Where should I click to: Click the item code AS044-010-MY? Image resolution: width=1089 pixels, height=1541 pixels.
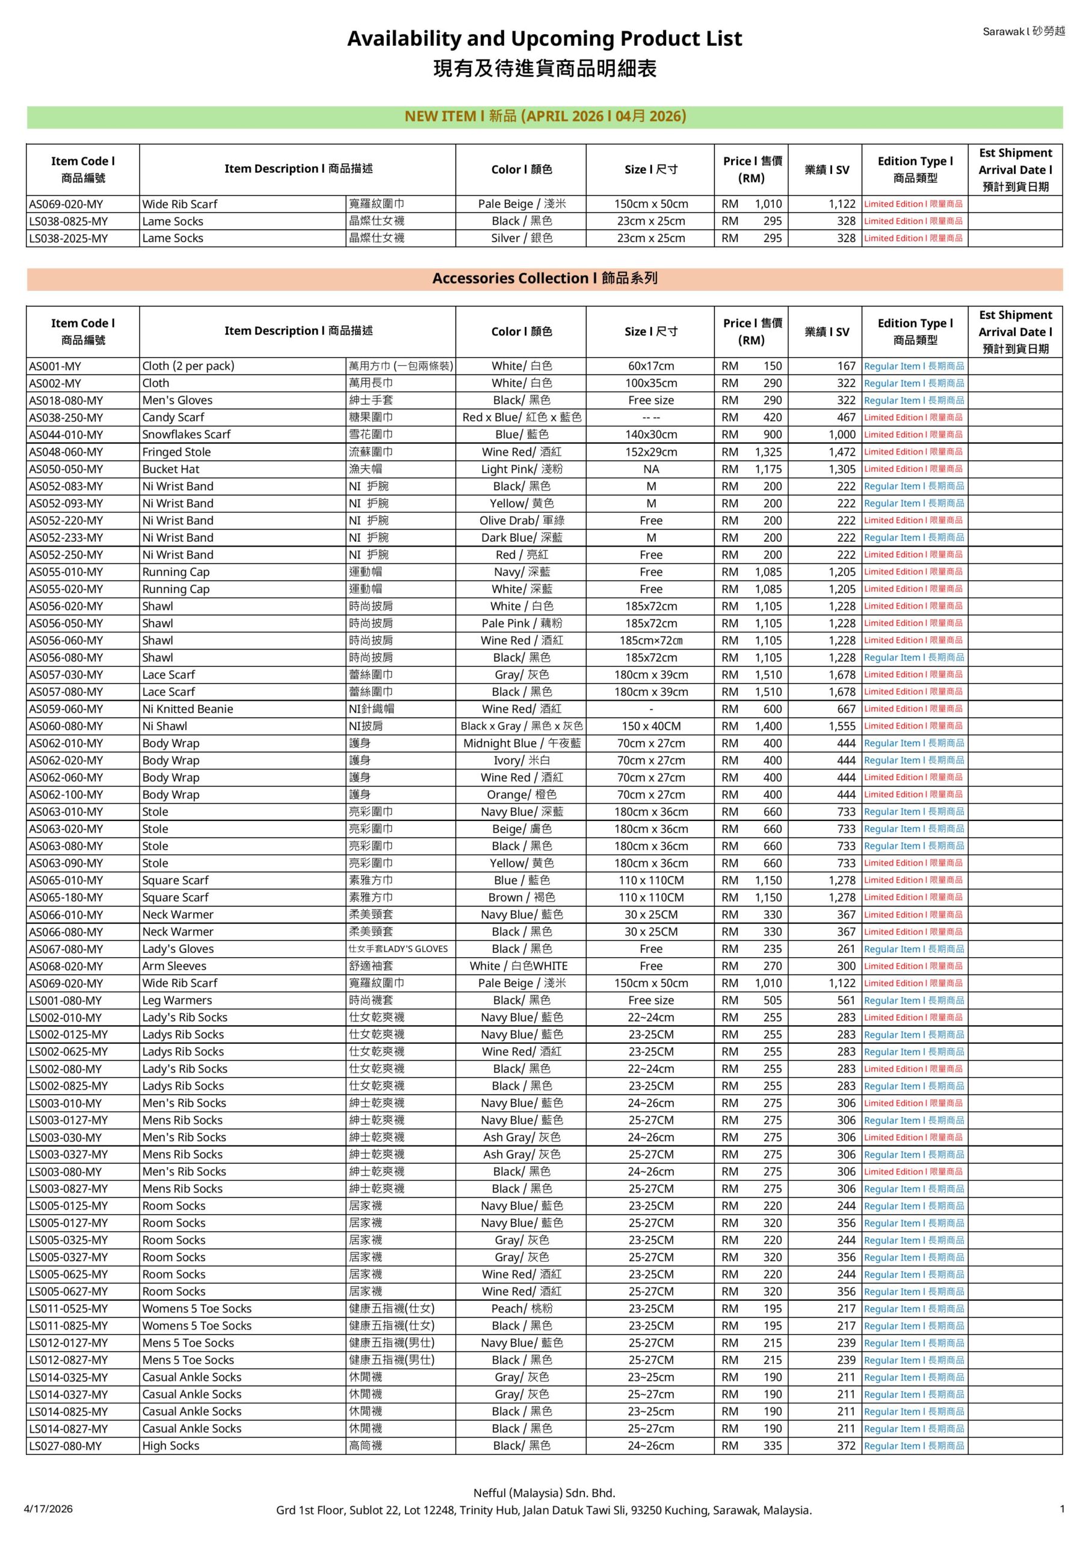pyautogui.click(x=66, y=434)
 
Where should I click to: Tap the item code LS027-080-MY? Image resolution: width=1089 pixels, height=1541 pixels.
pyautogui.click(x=65, y=1445)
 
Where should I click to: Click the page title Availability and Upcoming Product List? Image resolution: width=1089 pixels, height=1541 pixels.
pyautogui.click(x=544, y=39)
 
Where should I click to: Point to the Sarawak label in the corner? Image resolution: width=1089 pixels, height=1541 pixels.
pyautogui.click(x=1023, y=31)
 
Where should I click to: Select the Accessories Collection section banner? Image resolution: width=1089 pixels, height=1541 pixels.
pyautogui.click(x=544, y=279)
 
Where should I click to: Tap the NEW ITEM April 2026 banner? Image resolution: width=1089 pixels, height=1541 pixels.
pyautogui.click(x=544, y=116)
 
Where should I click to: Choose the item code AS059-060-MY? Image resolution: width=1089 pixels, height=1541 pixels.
pyautogui.click(x=66, y=708)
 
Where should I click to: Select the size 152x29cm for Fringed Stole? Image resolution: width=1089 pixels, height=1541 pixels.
pyautogui.click(x=651, y=451)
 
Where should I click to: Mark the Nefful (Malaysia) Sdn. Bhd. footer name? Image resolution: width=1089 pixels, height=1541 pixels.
pyautogui.click(x=544, y=1493)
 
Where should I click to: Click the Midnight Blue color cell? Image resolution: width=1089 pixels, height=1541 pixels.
pyautogui.click(x=522, y=743)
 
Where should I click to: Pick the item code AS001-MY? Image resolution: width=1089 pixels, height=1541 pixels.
pyautogui.click(x=54, y=366)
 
